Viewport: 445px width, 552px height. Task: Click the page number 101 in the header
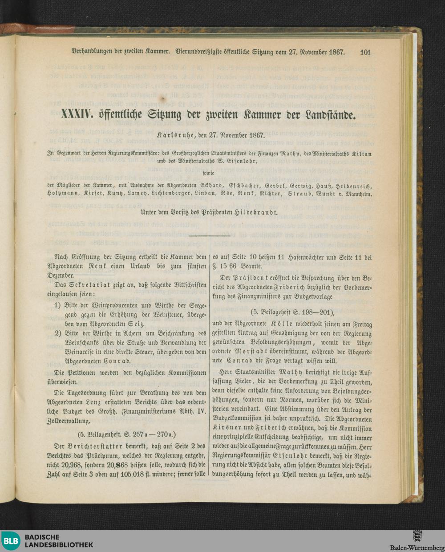365,52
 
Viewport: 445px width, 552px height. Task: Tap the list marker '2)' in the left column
57,333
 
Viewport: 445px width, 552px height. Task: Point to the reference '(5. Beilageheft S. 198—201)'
292,312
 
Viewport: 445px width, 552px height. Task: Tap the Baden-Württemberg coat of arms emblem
417,536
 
